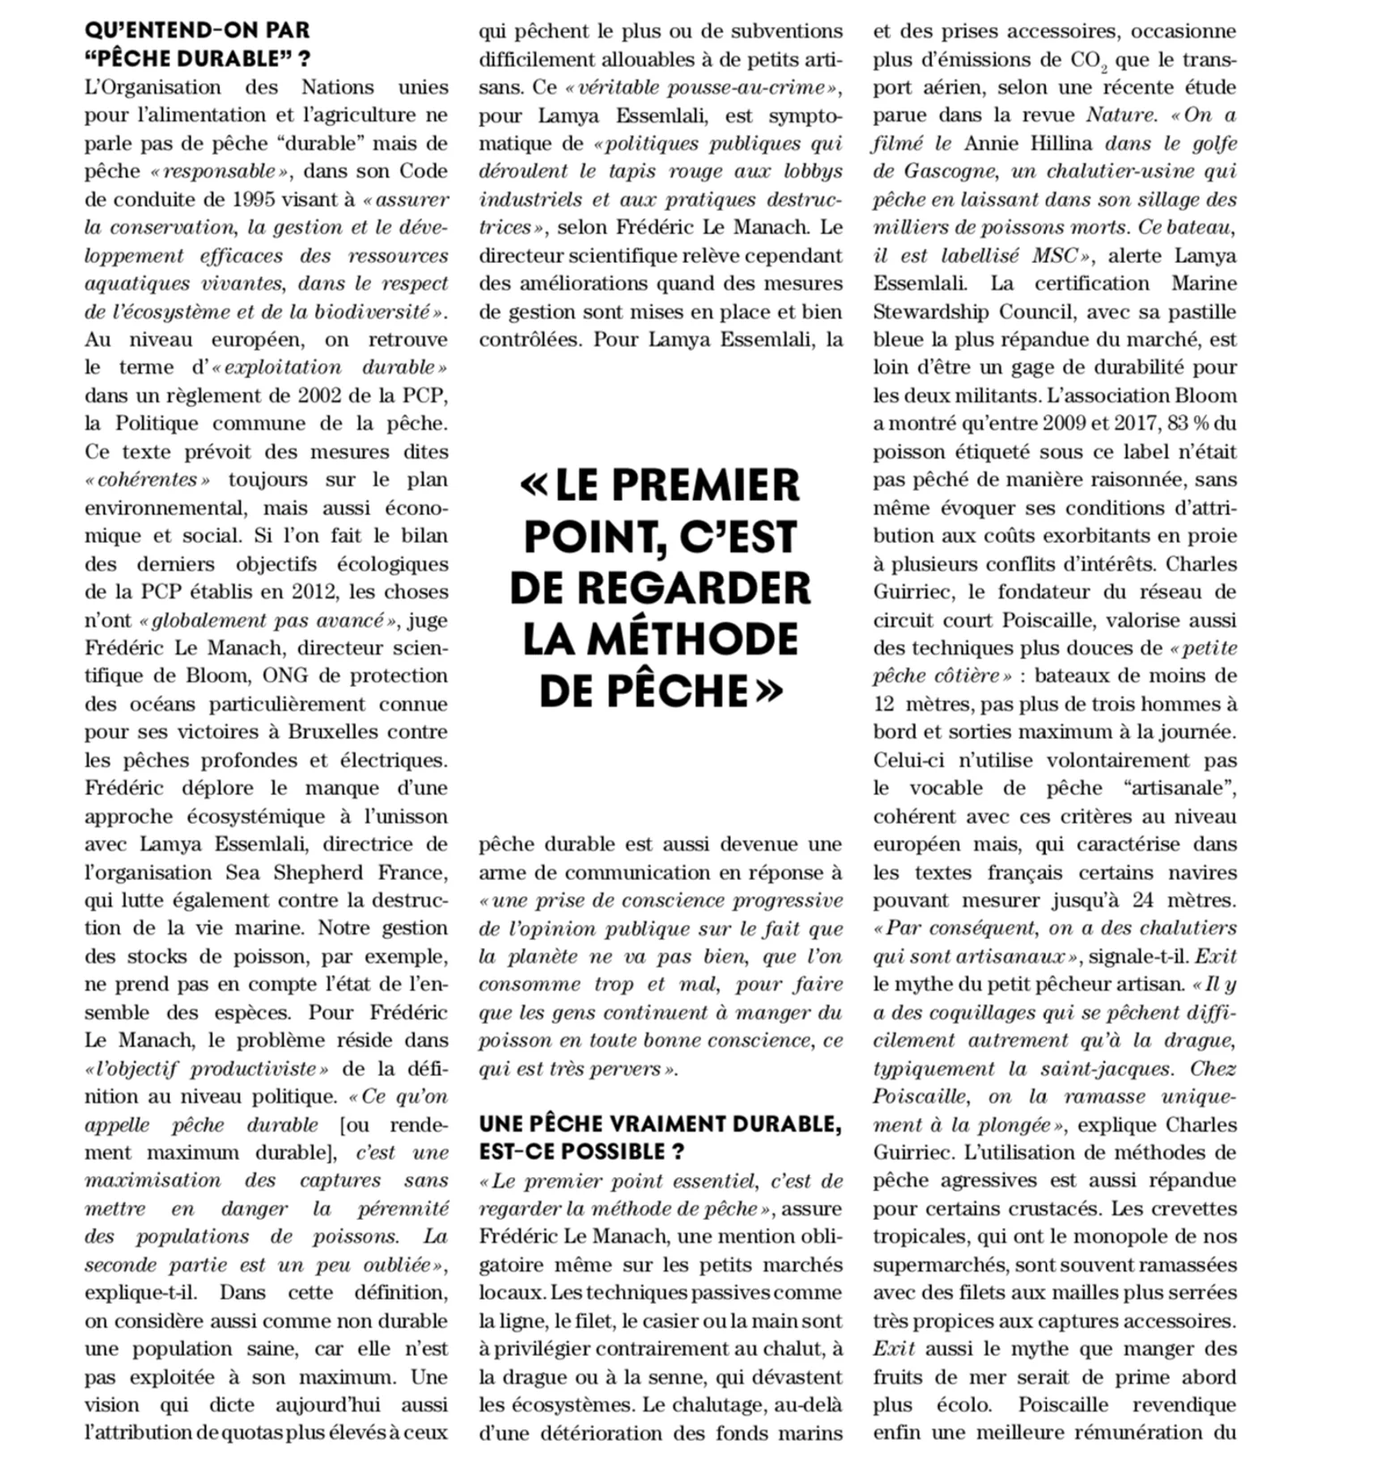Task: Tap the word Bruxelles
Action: (x=343, y=732)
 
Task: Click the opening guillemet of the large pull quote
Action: (x=534, y=486)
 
